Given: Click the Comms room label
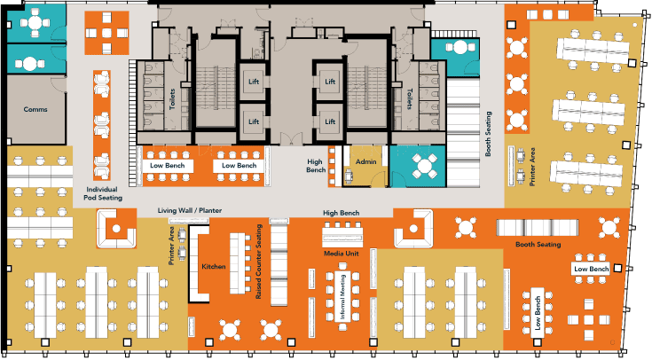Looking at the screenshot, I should coord(35,110).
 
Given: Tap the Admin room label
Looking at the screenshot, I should coord(366,163).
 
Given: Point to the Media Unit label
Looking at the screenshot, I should coord(342,254).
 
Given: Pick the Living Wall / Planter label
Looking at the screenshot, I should coord(189,210).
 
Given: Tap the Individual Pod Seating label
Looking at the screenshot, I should coord(102,194).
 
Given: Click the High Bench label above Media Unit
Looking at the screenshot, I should coord(341,214).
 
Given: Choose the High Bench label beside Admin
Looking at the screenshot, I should coord(315,165).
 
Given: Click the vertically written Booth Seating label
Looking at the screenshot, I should coord(489,133).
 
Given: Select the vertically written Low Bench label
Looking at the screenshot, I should coord(538,311).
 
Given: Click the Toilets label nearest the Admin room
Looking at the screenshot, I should coord(409,98).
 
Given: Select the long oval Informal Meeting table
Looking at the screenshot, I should coord(342,302).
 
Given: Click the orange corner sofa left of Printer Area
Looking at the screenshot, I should coord(114,231).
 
